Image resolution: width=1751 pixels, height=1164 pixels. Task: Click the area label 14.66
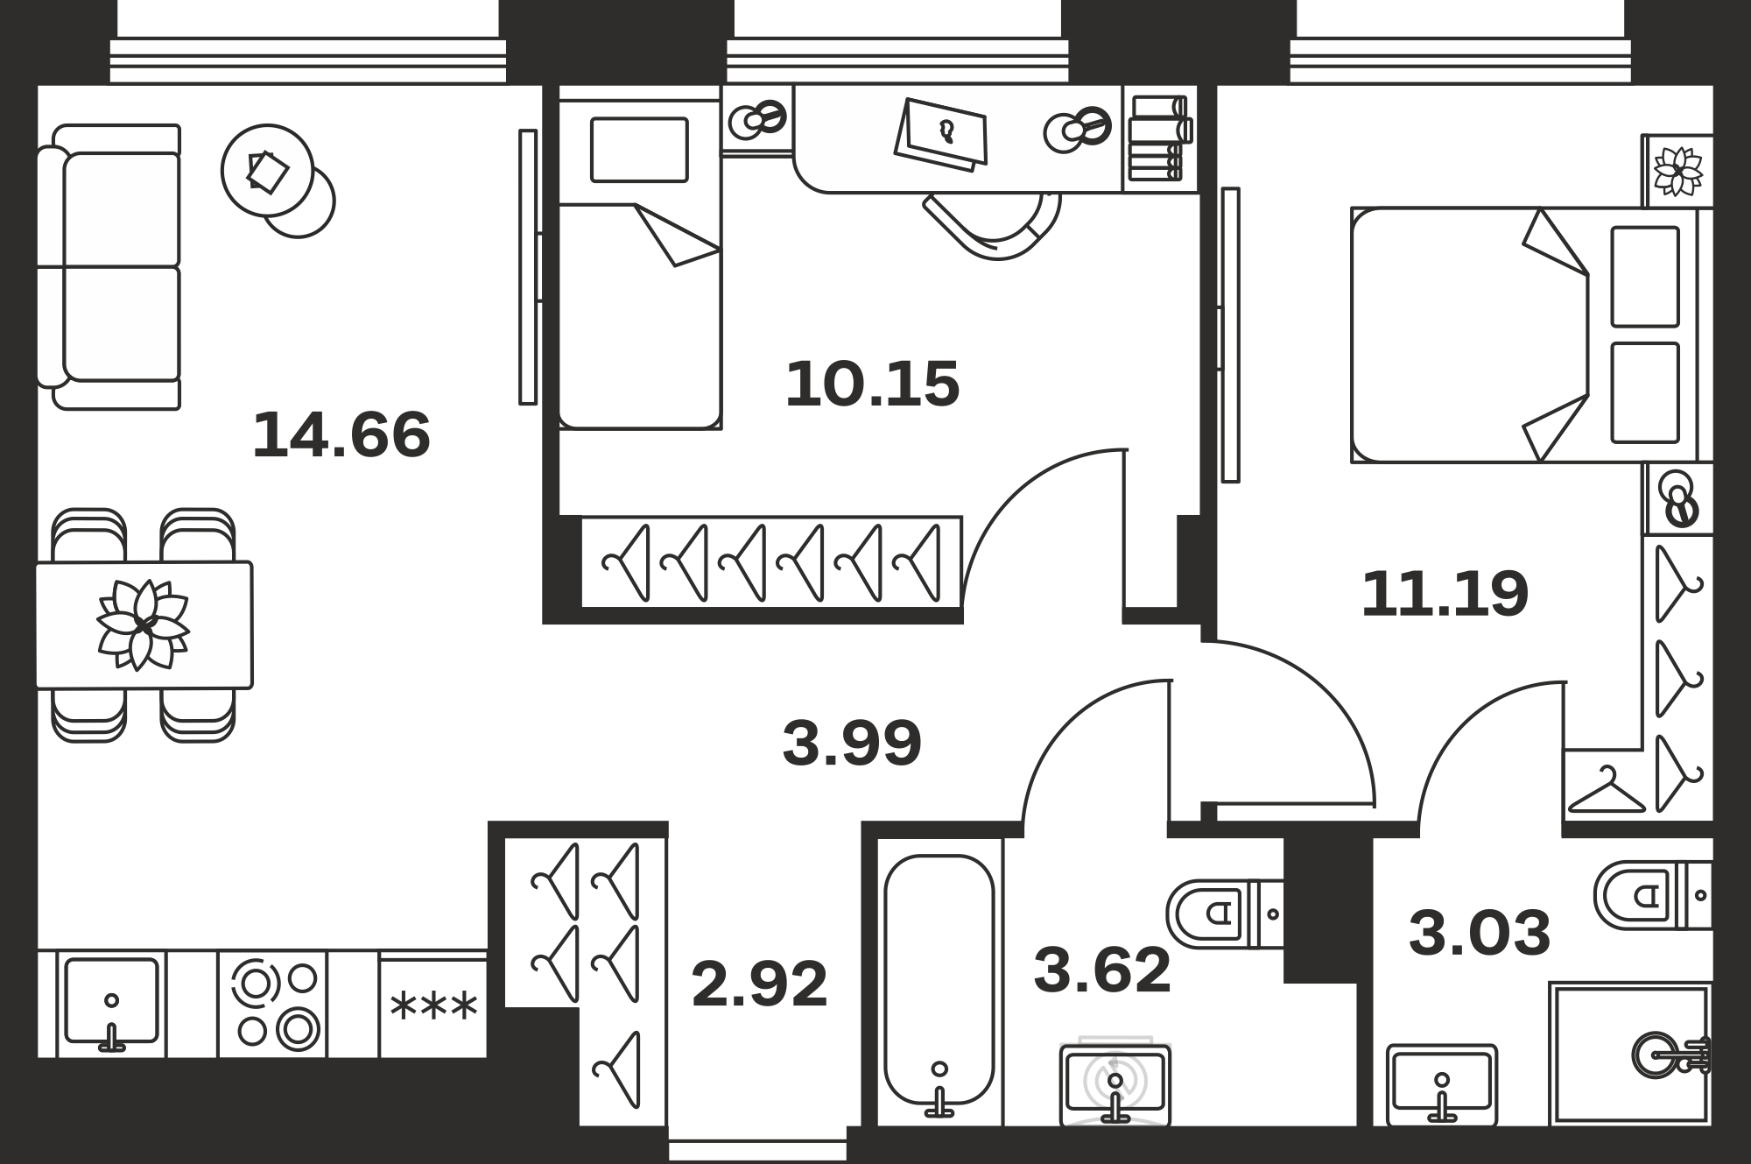[341, 435]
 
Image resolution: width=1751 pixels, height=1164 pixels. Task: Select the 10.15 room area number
[873, 384]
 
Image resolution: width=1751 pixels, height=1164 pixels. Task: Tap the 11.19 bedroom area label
[1445, 594]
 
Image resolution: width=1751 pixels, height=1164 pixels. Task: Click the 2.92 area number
[759, 984]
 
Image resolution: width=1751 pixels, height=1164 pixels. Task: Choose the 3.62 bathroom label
[1102, 970]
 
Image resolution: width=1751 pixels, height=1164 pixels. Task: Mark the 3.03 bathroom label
[1480, 933]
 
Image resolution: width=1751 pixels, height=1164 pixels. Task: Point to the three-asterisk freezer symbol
[434, 1005]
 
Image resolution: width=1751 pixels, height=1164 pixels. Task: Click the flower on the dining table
[143, 624]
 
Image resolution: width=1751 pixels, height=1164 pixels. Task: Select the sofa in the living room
[109, 267]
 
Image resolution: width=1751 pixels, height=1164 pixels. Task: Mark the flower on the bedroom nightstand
[1677, 172]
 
